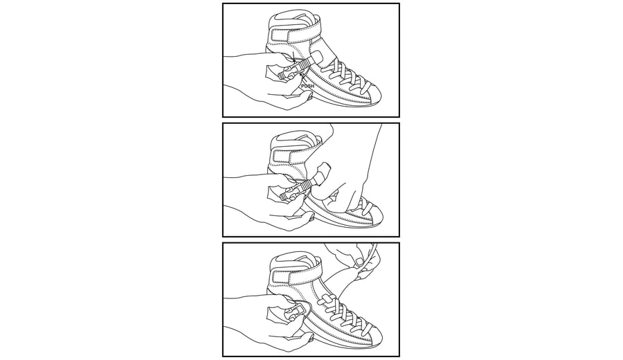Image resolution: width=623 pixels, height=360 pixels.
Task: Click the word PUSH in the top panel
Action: (x=307, y=86)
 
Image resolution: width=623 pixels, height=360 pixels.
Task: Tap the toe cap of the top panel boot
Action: (x=372, y=93)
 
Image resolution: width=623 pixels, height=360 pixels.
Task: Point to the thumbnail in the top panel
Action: (x=308, y=95)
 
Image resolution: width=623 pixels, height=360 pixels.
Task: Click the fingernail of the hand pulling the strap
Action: (x=359, y=262)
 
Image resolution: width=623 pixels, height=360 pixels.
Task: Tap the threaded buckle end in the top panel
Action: (x=287, y=73)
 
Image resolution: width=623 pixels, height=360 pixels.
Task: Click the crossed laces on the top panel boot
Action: (x=349, y=76)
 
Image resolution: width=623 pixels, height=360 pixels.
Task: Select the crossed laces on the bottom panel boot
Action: (x=349, y=316)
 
